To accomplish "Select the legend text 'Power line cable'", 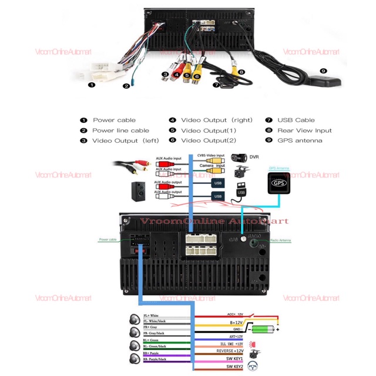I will pyautogui.click(x=120, y=130).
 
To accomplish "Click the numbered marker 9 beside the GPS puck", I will pyautogui.click(x=323, y=70).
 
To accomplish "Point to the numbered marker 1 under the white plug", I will pyautogui.click(x=91, y=85).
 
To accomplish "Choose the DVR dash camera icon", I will pyautogui.click(x=239, y=157).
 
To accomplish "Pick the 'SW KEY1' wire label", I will pyautogui.click(x=234, y=358).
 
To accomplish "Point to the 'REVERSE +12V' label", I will pyautogui.click(x=231, y=351).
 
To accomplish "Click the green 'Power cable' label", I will pyautogui.click(x=108, y=240).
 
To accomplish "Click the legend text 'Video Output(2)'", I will pyautogui.click(x=208, y=140).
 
